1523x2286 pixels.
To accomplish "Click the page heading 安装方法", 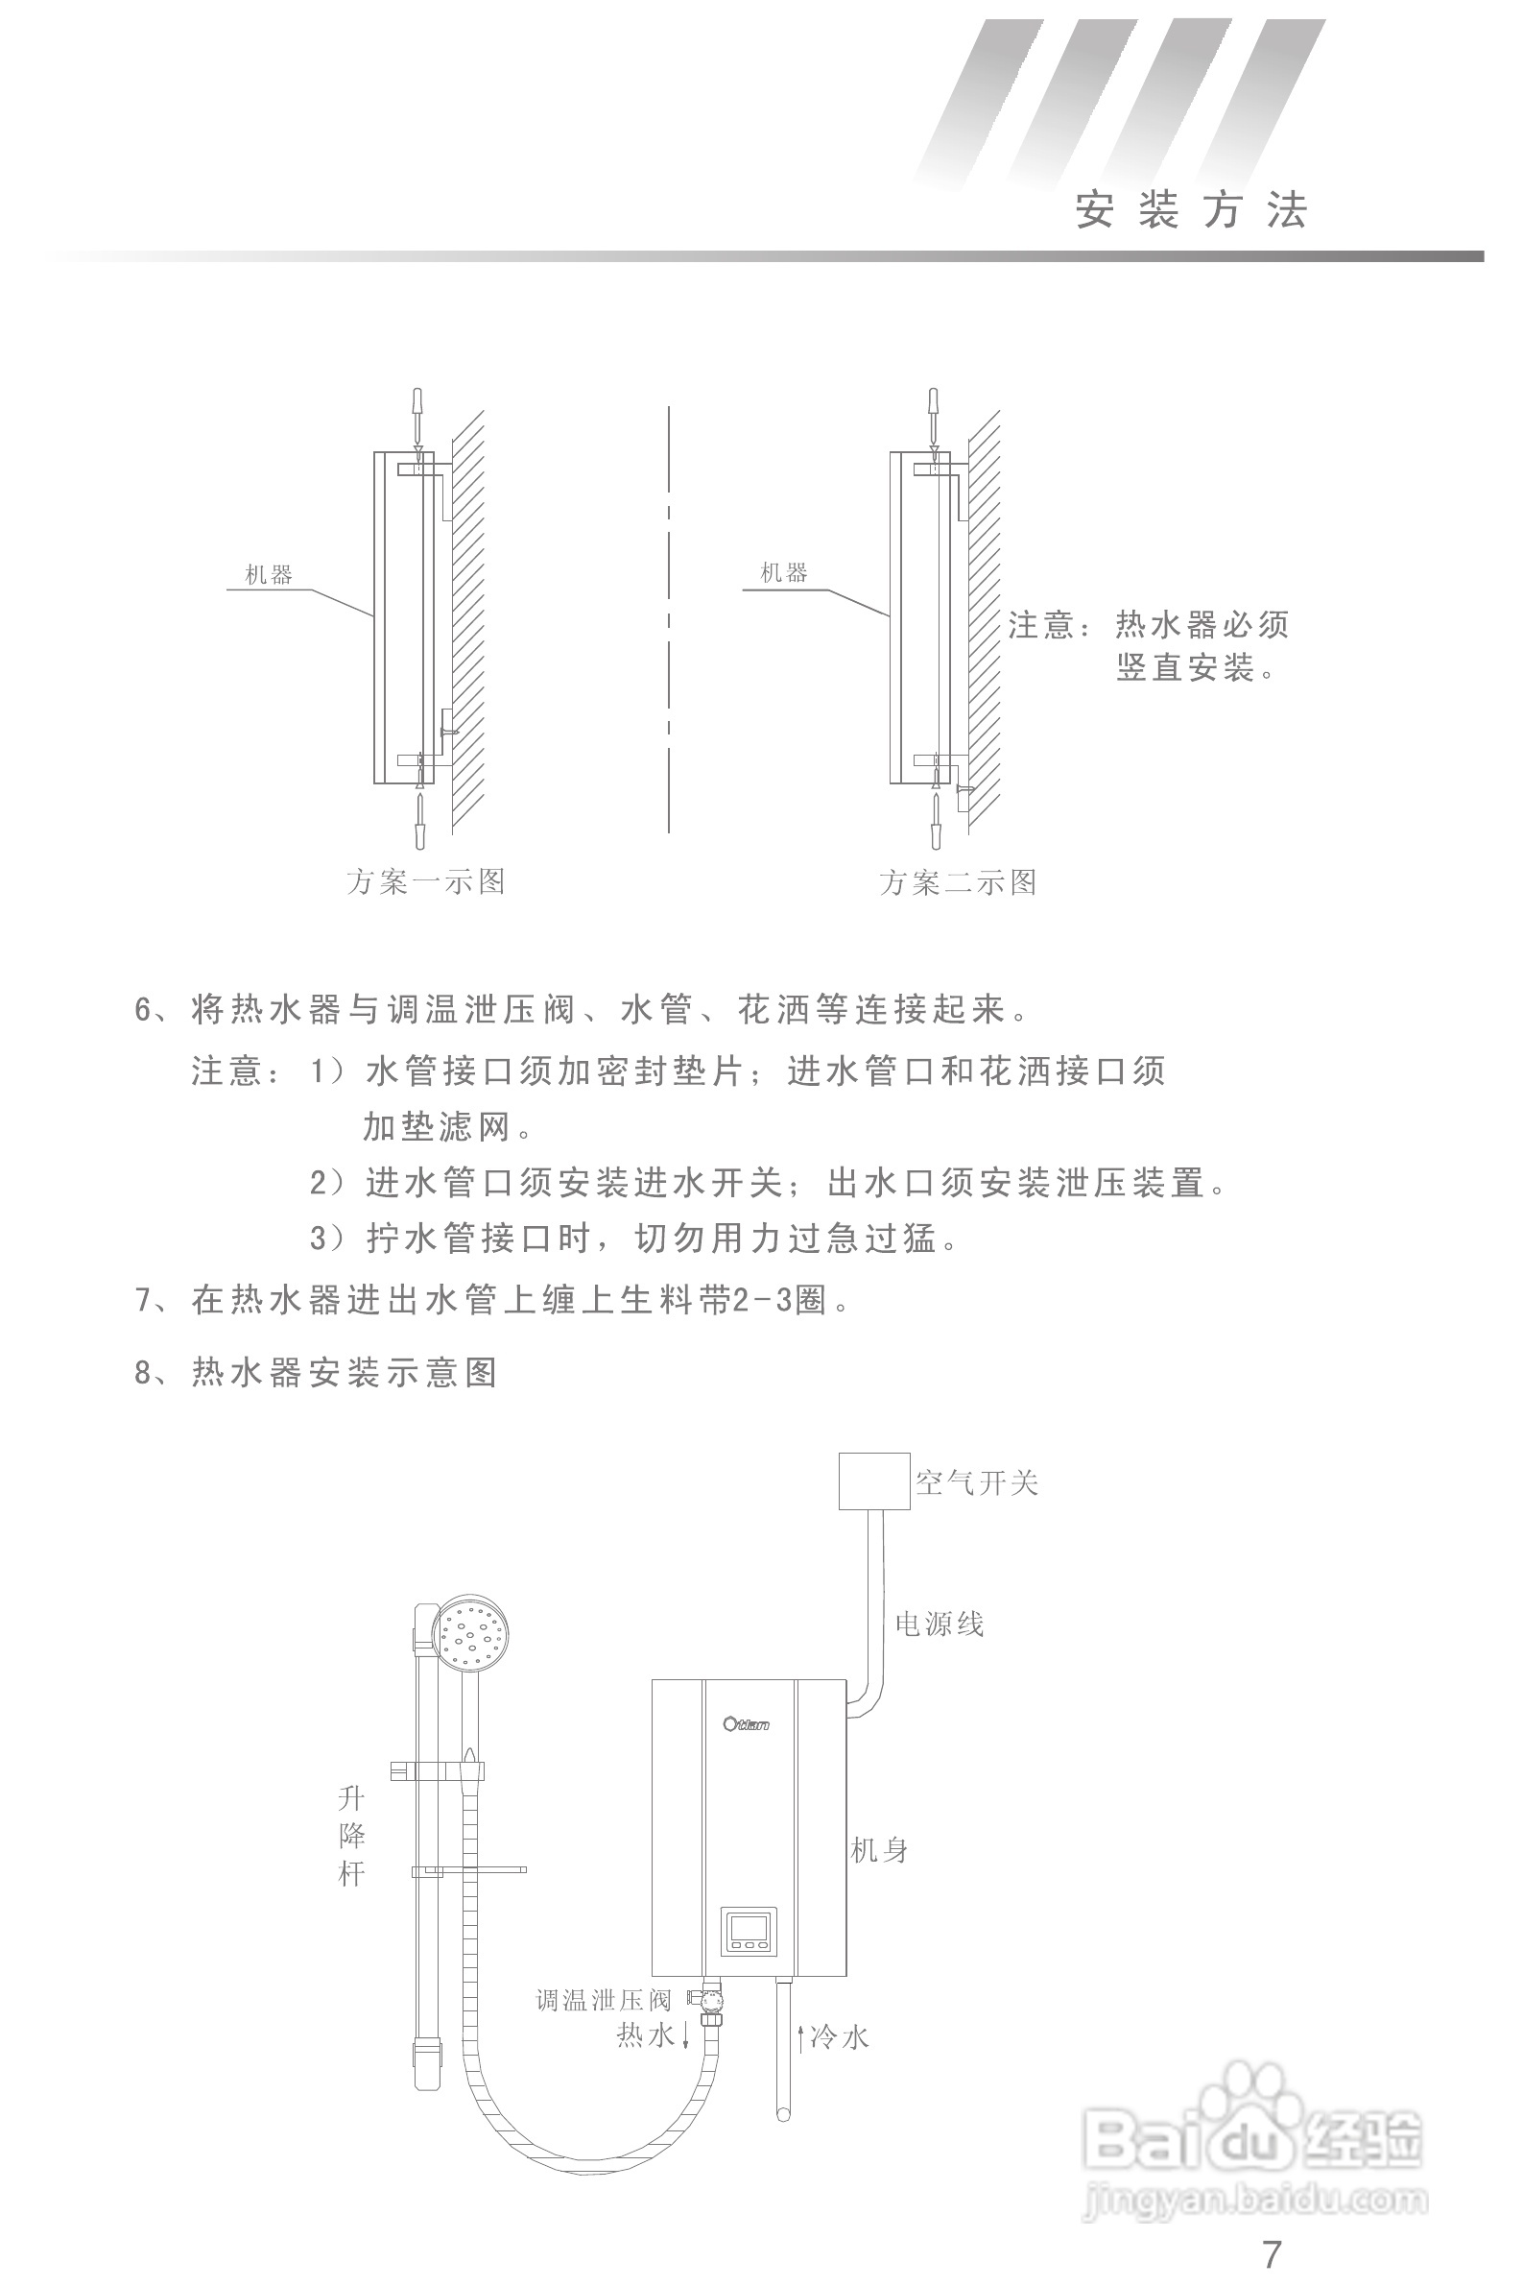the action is click(x=1191, y=210).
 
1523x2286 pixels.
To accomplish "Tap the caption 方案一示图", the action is click(x=425, y=881).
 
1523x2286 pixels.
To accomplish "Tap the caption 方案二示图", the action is click(x=958, y=882).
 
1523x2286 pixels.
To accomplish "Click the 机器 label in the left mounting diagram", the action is click(x=268, y=574).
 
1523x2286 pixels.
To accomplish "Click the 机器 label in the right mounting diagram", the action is click(x=784, y=572).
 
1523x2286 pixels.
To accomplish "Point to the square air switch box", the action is click(x=874, y=1480).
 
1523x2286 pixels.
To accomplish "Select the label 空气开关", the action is click(x=977, y=1482).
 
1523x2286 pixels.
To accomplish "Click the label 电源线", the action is click(x=940, y=1624).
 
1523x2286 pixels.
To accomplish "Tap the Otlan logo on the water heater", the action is click(x=746, y=1723).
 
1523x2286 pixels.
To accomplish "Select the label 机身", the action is click(x=879, y=1851).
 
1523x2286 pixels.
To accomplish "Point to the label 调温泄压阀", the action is click(x=605, y=2001).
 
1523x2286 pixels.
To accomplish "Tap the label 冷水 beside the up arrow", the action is click(x=840, y=2037).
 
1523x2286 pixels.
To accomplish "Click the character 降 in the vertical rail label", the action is click(x=351, y=1835).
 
